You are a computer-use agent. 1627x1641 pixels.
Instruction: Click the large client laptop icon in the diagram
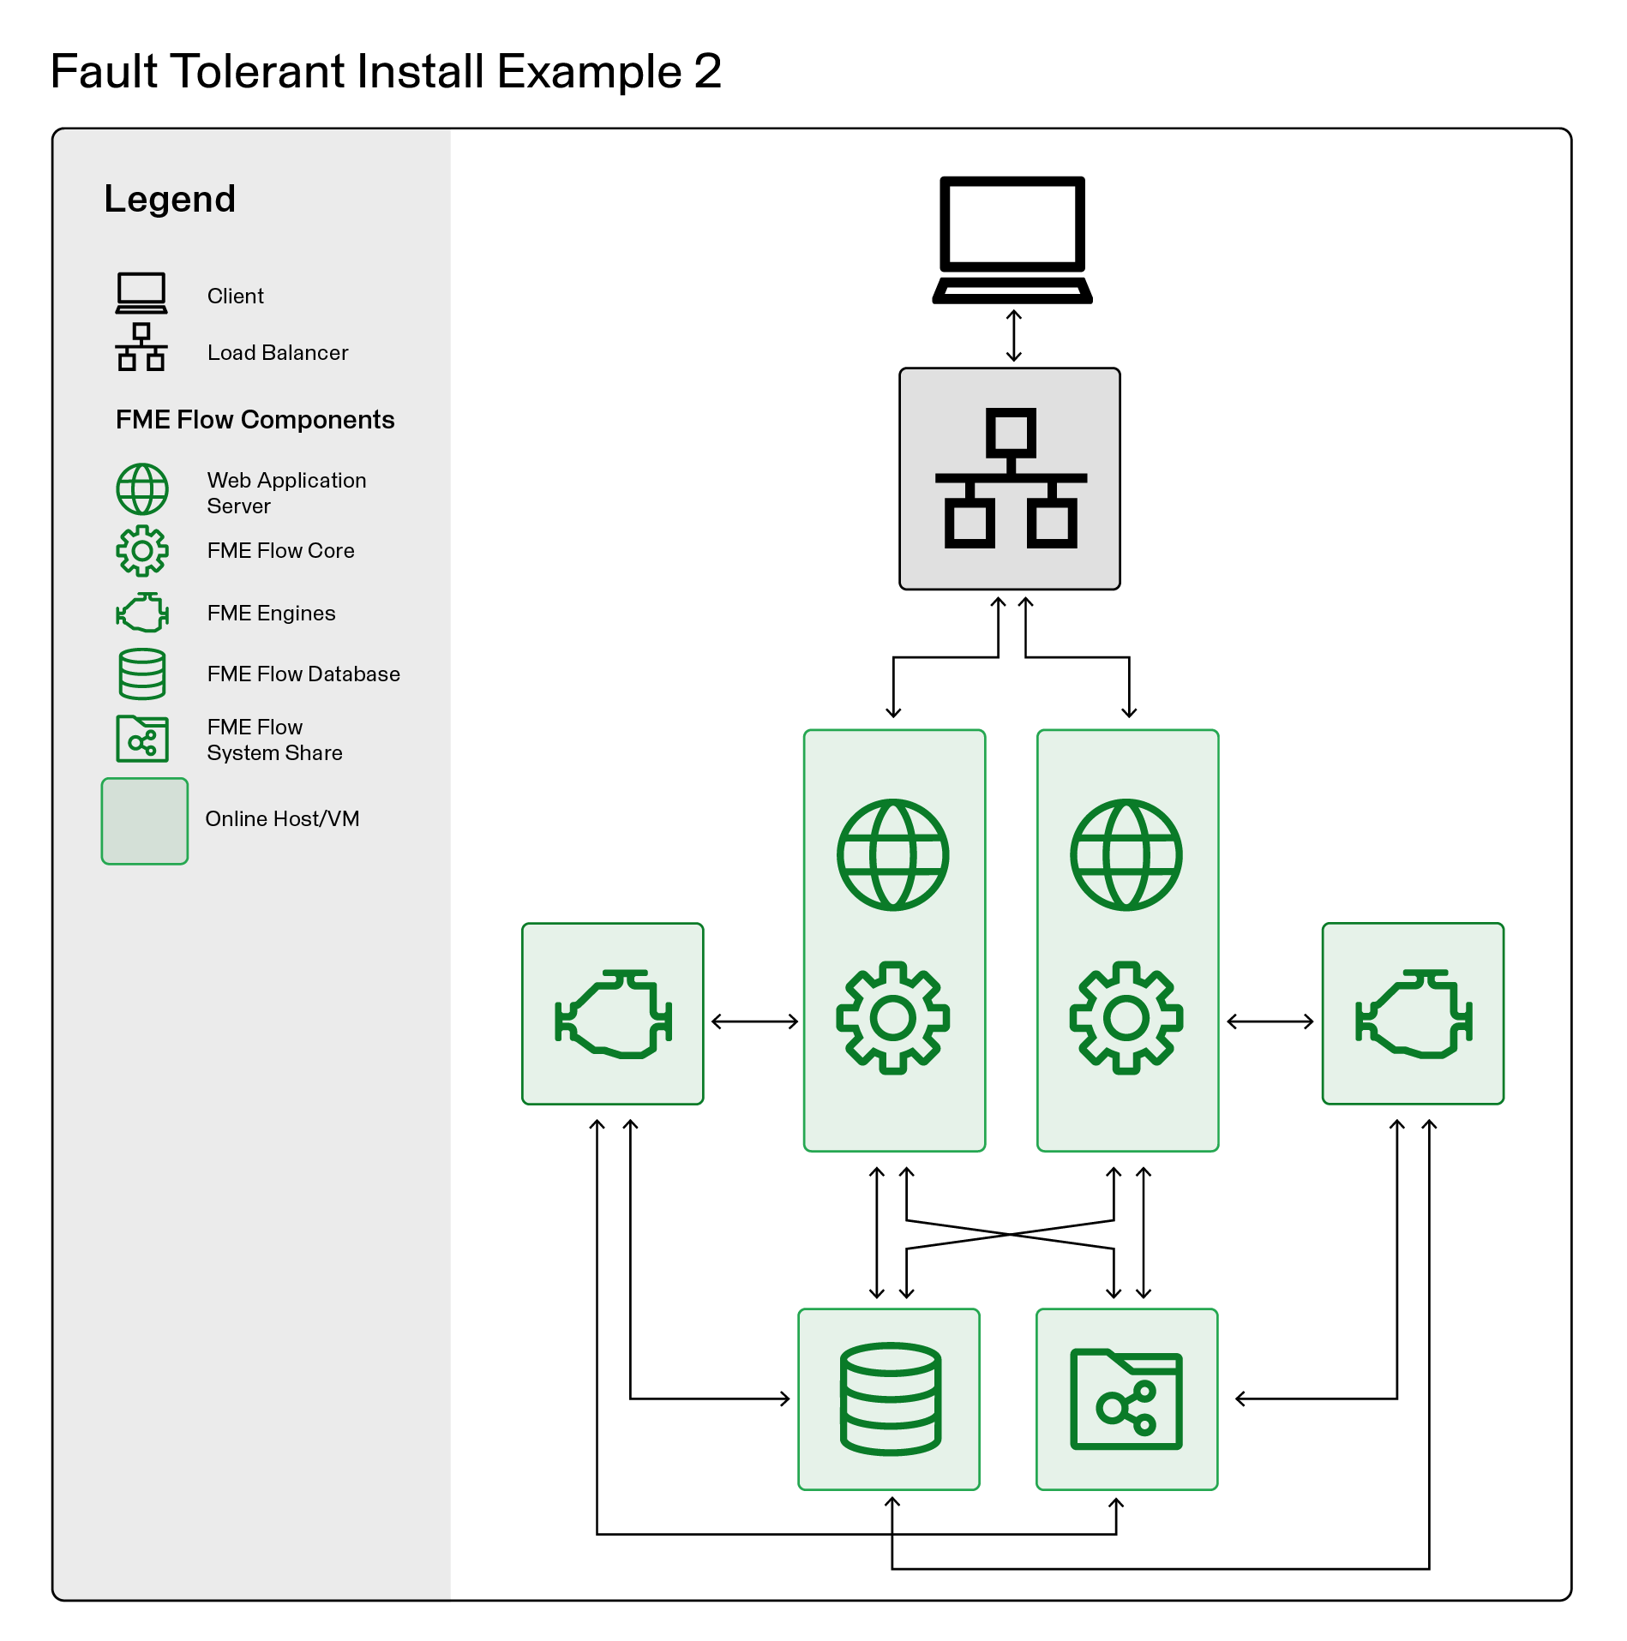(x=1012, y=239)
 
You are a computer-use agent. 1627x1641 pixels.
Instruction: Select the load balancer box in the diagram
(x=1010, y=479)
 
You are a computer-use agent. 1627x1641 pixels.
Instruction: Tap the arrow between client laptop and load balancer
(x=1013, y=336)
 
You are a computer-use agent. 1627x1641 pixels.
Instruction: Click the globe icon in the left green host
(x=893, y=854)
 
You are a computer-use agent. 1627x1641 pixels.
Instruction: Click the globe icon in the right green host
(x=1126, y=854)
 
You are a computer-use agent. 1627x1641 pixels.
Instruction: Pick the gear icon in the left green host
(x=893, y=1017)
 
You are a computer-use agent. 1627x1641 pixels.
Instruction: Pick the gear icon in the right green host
(x=1126, y=1017)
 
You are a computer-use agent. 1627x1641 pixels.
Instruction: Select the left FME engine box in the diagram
(x=613, y=1014)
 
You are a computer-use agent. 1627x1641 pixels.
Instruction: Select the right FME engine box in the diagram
(x=1413, y=1014)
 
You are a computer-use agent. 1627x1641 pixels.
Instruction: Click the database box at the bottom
(x=889, y=1398)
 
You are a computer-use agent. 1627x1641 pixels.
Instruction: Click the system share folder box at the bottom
(x=1127, y=1398)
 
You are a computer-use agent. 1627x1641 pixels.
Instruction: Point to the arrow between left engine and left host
(x=754, y=1021)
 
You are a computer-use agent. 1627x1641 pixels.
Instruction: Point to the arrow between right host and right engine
(x=1270, y=1021)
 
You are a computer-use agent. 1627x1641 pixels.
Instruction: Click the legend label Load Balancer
(x=278, y=352)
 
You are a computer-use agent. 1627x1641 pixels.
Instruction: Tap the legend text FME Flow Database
(x=303, y=674)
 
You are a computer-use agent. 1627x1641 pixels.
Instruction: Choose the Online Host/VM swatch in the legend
(x=145, y=821)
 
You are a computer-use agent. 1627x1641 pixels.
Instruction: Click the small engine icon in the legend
(x=142, y=613)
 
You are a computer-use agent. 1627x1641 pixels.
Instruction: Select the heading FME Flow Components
(x=255, y=419)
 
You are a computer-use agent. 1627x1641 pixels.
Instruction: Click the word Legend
(x=170, y=199)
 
